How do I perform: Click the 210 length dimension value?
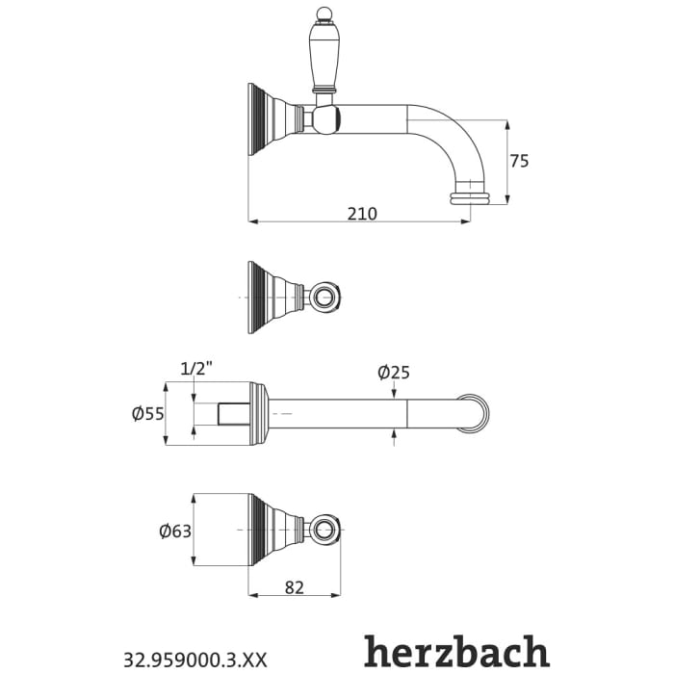[x=362, y=213]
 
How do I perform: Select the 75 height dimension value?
[x=519, y=161]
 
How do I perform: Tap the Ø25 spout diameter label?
[x=394, y=372]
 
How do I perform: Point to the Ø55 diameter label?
[x=147, y=414]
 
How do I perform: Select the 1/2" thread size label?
[x=195, y=368]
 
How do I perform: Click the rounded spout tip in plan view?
[x=476, y=414]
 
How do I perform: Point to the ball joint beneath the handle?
[x=326, y=119]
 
